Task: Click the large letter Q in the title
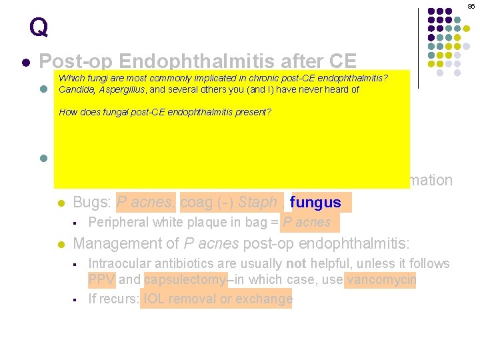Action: pos(39,27)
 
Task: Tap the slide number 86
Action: pos(471,6)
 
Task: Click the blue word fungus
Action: pos(316,202)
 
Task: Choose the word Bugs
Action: pos(92,202)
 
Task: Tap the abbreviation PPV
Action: pos(101,279)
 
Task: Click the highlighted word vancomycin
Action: pos(381,279)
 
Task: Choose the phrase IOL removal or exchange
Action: pos(217,299)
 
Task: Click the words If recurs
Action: pos(113,299)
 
